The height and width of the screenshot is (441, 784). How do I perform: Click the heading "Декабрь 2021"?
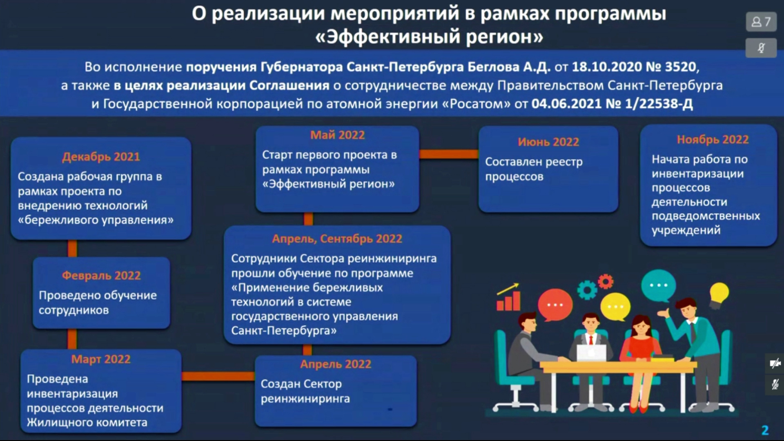point(101,157)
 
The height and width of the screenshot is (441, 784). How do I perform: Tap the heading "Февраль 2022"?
point(101,276)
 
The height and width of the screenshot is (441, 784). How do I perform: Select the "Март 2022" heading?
point(101,359)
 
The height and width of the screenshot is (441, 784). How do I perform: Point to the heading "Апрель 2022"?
point(336,364)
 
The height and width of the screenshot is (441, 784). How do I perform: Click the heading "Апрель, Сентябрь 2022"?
point(337,239)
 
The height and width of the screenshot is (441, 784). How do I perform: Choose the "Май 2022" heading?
point(337,135)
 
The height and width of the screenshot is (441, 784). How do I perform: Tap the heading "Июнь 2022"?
point(548,142)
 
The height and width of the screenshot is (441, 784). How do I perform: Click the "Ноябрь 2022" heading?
point(713,140)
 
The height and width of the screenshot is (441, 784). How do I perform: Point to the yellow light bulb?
point(719,295)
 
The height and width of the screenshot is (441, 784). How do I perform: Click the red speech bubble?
point(555,305)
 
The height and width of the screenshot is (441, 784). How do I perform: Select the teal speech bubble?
point(658,286)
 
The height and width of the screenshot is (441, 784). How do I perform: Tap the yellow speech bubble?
point(615,307)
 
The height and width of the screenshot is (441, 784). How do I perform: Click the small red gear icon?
point(606,281)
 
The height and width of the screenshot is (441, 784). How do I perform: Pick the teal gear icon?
point(587,290)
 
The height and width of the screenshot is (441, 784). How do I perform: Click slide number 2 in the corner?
point(765,430)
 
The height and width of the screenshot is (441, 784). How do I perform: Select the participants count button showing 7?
point(761,22)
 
